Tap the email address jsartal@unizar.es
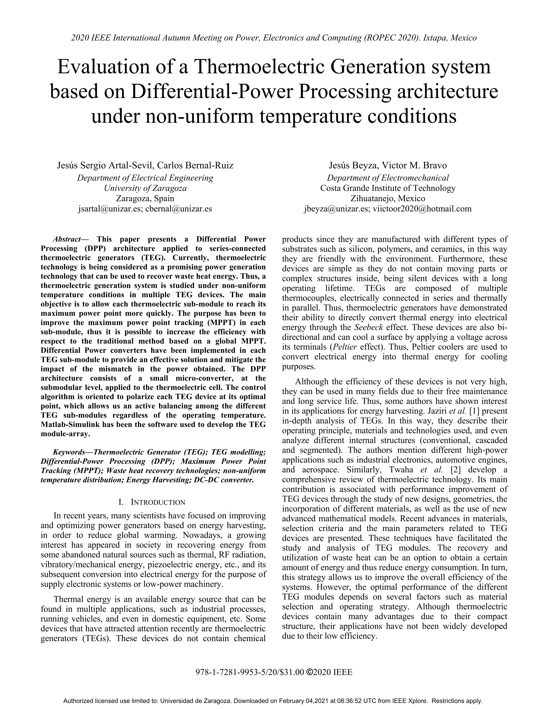(x=110, y=208)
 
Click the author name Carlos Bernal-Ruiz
(x=195, y=165)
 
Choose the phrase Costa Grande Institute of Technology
(x=388, y=188)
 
